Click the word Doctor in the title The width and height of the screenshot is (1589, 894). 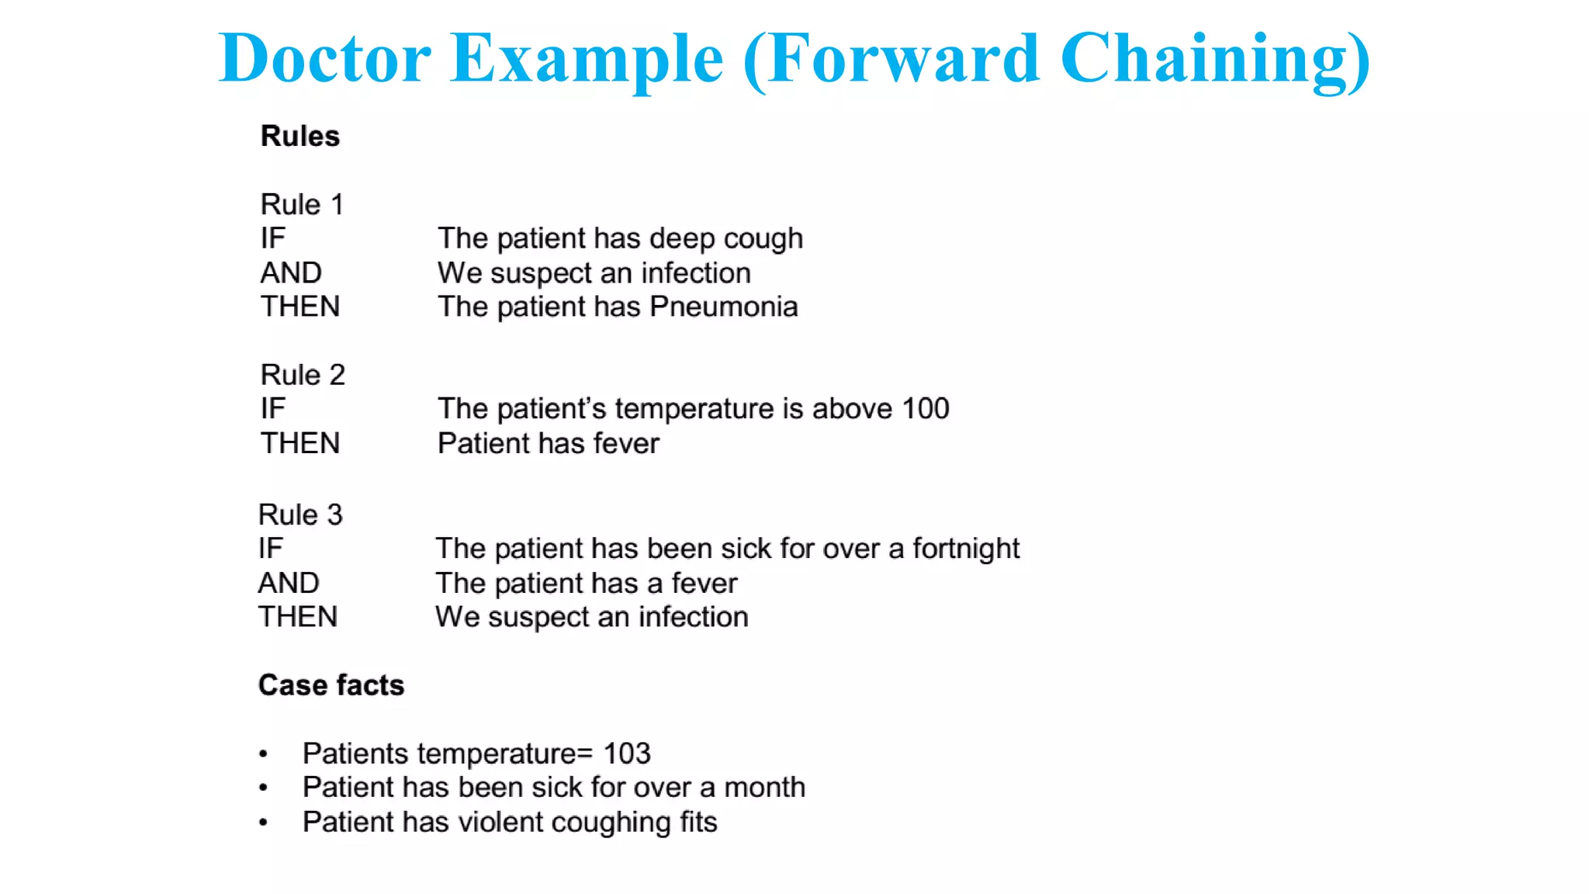click(x=324, y=59)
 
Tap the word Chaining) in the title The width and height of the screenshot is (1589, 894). click(x=1215, y=59)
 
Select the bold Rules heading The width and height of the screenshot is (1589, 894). click(x=300, y=136)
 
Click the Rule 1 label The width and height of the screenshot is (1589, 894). click(x=302, y=204)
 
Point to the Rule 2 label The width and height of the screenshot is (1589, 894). click(x=303, y=375)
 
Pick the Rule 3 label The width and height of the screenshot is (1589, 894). click(x=300, y=515)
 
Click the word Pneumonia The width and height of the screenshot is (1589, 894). click(x=724, y=307)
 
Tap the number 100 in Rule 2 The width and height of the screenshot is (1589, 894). click(x=926, y=409)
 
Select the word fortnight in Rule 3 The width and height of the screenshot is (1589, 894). click(x=966, y=549)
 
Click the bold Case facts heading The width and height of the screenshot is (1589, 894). click(x=331, y=685)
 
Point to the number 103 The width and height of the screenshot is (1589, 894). click(x=627, y=754)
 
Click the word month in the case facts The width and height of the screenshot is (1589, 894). click(x=764, y=788)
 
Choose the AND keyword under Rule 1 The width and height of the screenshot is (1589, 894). click(x=291, y=272)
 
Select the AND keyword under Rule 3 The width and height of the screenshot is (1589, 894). click(x=289, y=583)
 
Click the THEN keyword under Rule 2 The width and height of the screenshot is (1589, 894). click(x=300, y=443)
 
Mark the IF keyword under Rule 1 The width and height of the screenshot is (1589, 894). click(x=273, y=238)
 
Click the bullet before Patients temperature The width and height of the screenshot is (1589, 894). click(x=264, y=754)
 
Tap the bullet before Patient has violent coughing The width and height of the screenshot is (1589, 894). click(x=264, y=822)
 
